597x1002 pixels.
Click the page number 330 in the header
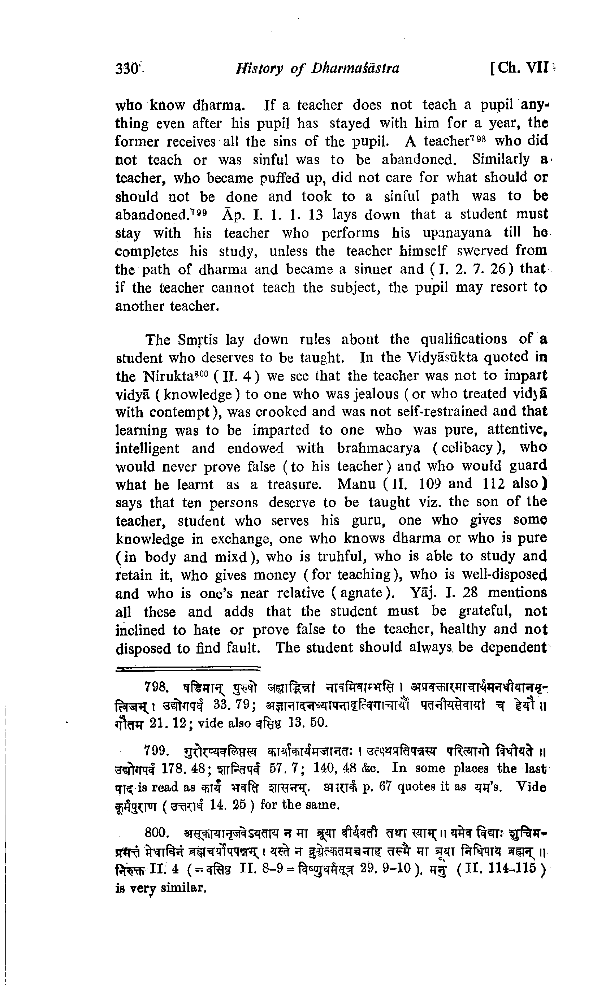[127, 68]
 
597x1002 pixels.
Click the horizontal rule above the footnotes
[187, 669]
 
